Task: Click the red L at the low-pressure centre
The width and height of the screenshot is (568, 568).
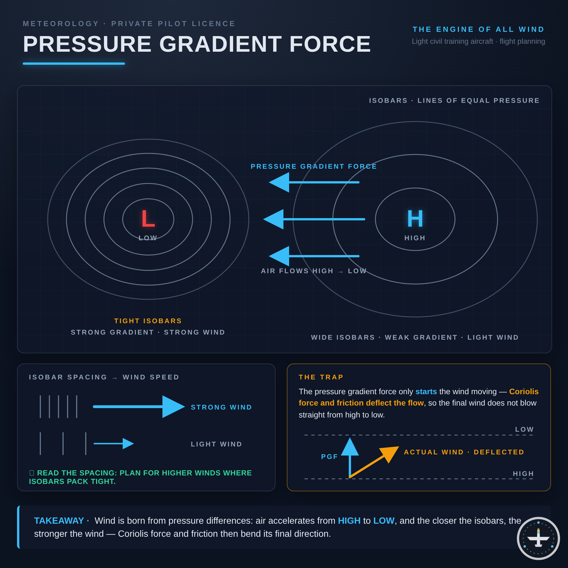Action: point(148,218)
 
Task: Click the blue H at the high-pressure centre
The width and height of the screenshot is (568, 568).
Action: point(415,218)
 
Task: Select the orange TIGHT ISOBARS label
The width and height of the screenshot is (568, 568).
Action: point(148,321)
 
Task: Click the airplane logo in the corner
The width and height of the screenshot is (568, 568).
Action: point(538,538)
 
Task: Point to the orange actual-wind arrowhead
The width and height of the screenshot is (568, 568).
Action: point(390,454)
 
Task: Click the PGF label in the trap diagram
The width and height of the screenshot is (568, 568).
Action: point(329,457)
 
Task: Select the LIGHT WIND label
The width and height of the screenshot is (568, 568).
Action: point(216,444)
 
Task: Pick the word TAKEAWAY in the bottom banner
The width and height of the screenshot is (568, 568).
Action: point(59,521)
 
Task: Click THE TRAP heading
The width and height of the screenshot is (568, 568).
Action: point(321,377)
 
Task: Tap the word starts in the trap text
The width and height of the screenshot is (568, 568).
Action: point(426,392)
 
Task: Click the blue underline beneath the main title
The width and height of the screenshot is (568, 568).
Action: point(74,64)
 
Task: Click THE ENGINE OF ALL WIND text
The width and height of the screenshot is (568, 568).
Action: point(479,30)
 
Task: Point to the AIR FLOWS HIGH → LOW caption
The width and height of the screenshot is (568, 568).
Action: point(314,271)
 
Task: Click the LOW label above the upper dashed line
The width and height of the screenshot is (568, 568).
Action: point(525,429)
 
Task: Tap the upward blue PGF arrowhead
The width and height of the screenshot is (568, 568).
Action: point(350,447)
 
